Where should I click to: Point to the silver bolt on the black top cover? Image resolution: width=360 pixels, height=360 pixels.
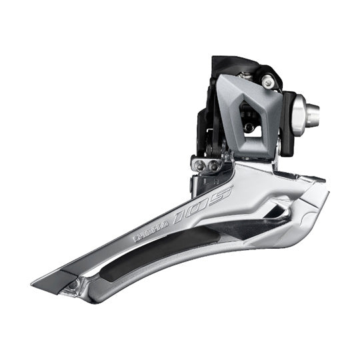click(x=267, y=81)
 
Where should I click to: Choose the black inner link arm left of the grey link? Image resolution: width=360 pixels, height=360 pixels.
click(x=205, y=127)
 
